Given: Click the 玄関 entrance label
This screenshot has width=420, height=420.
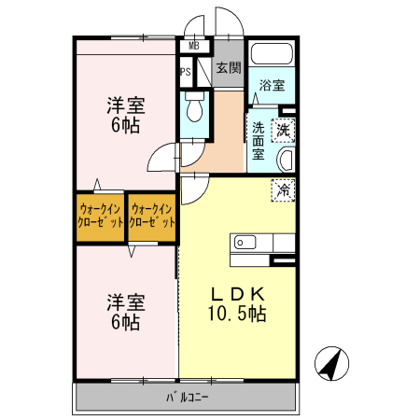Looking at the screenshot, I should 228,67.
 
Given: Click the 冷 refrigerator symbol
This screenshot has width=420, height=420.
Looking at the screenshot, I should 283,189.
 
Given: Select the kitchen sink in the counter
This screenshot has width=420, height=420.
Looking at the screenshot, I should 245,243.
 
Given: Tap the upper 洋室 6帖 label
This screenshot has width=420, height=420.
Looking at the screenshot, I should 124,115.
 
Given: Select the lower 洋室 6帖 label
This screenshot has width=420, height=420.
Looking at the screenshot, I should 124,312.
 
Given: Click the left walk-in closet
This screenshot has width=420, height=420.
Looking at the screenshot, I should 101,217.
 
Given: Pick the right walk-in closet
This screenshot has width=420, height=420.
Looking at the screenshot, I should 152,217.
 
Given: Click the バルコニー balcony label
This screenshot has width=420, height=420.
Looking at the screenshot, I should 187,396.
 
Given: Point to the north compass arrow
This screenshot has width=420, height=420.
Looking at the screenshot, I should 332,363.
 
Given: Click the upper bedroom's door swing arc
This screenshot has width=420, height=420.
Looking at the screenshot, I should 164,158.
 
